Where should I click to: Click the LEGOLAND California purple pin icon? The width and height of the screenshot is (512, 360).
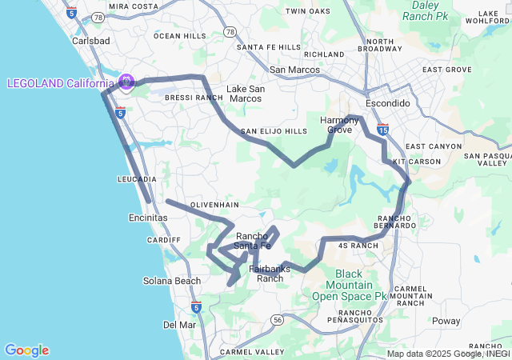click(126, 82)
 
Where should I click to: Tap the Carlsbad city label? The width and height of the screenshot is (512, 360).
click(90, 40)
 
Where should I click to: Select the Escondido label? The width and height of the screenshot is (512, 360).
click(387, 104)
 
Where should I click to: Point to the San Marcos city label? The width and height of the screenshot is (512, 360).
click(294, 70)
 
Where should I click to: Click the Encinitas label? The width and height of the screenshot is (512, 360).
click(148, 218)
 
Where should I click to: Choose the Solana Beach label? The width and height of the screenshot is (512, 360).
click(172, 281)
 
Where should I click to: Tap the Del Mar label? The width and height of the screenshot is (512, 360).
click(179, 324)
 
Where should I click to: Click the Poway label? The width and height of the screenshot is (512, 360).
click(446, 321)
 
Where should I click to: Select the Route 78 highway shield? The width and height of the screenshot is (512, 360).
click(230, 32)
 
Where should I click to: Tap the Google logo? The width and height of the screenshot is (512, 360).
click(26, 350)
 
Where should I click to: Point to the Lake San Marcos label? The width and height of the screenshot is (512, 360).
click(244, 94)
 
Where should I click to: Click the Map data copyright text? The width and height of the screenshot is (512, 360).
click(447, 354)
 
